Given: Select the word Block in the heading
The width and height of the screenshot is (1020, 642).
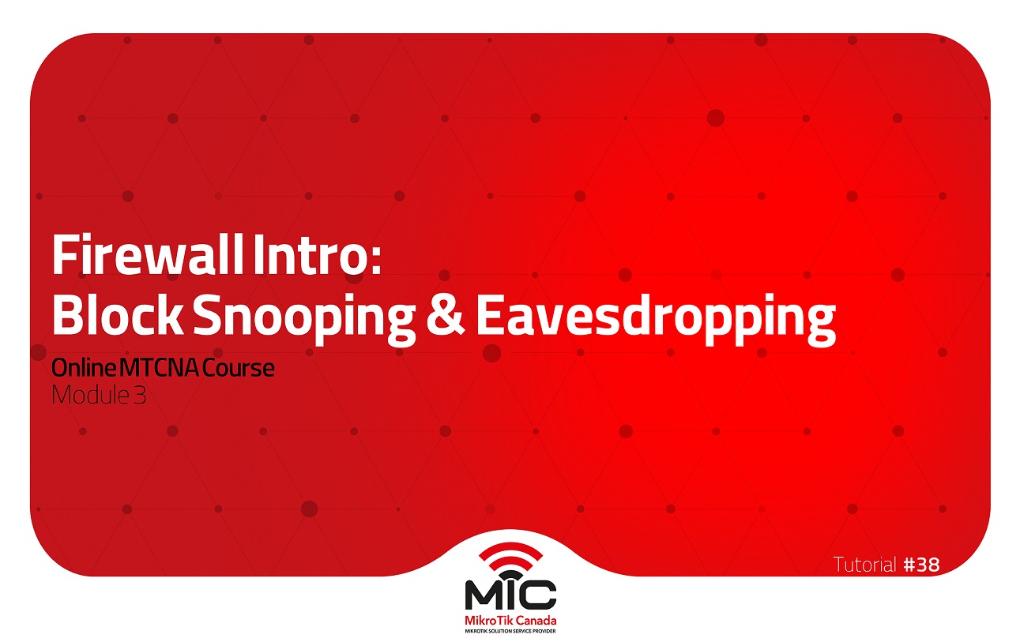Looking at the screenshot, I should (116, 317).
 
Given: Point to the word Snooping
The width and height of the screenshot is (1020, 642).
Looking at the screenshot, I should (303, 318).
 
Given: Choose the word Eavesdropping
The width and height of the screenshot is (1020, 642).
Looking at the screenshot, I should (654, 318).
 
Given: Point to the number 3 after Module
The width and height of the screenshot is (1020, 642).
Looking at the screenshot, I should (140, 395).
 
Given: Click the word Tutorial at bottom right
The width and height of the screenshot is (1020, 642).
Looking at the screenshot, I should (864, 565).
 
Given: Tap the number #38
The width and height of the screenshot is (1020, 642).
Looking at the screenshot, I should (921, 565).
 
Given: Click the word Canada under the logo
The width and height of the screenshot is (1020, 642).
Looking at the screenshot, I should (533, 620).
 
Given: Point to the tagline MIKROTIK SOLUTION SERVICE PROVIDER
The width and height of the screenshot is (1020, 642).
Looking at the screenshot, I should (510, 631).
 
